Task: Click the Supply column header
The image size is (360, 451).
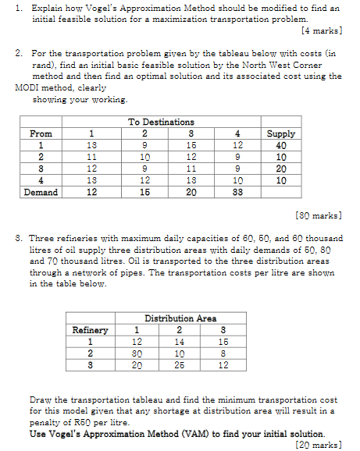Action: click(281, 133)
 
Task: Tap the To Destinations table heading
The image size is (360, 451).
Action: click(161, 122)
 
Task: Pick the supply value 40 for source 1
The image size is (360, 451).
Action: click(281, 145)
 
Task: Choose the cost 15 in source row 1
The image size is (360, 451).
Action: click(191, 145)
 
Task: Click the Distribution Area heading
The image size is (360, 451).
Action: click(180, 318)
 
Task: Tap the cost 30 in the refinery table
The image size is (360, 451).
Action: click(137, 353)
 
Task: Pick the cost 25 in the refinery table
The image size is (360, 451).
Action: click(180, 364)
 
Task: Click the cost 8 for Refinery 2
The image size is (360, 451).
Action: click(223, 353)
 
